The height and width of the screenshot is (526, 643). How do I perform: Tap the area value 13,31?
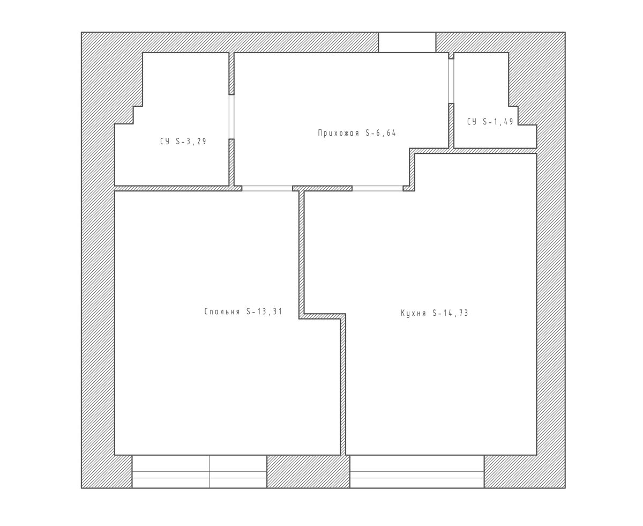point(270,312)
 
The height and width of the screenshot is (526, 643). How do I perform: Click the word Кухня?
point(413,313)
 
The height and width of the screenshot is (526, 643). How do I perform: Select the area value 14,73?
point(456,313)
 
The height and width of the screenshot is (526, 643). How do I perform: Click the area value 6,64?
point(386,133)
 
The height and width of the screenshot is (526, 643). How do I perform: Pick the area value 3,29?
point(197,141)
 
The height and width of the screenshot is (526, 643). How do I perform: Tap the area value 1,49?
point(505,121)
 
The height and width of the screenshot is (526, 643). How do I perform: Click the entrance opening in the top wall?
point(407,42)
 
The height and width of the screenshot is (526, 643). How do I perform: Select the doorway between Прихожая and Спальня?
point(267,188)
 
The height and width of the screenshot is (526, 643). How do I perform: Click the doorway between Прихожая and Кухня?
point(378,188)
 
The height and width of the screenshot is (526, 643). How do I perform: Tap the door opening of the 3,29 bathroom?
point(231,117)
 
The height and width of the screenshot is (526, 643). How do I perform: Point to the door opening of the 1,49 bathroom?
point(451,81)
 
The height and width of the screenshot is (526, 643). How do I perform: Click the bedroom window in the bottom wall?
point(199,471)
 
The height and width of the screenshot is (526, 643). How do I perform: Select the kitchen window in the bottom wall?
point(417,471)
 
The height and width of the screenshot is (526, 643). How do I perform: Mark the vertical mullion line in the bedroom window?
point(210,471)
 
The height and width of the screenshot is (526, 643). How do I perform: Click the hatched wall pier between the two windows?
point(308,471)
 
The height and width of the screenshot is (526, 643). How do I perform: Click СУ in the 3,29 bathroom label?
point(165,141)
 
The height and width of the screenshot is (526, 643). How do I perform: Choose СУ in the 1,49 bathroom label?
point(472,121)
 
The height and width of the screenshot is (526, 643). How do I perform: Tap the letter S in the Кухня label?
point(435,313)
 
